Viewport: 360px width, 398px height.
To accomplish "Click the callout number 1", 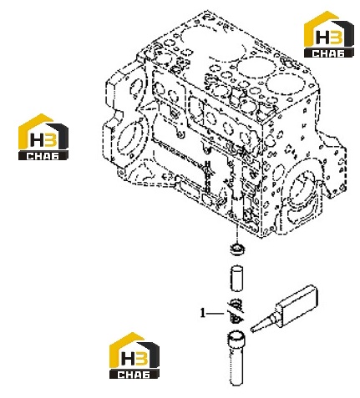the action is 203,313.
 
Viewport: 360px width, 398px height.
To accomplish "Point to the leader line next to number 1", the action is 215,314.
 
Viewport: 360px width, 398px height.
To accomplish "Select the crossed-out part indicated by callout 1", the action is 236,311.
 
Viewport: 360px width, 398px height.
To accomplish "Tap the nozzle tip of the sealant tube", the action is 252,330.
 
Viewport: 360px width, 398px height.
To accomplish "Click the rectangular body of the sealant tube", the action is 297,305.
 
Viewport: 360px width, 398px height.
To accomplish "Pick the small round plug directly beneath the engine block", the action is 236,248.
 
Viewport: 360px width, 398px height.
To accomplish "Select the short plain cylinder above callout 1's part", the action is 236,279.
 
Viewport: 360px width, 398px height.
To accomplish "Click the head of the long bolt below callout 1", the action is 236,338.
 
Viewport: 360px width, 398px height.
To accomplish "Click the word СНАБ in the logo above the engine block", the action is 328,53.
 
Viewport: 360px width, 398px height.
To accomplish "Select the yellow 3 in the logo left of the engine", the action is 52,139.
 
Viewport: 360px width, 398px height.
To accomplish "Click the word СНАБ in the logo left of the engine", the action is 43,156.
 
